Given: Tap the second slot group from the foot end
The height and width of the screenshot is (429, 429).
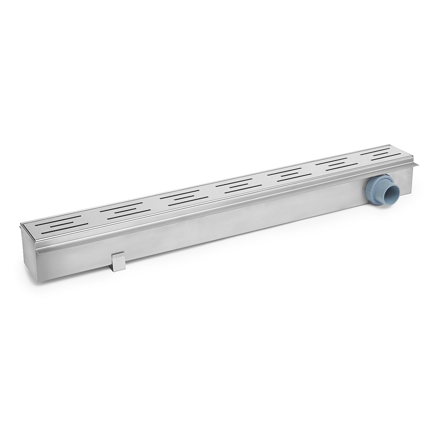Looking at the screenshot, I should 125,211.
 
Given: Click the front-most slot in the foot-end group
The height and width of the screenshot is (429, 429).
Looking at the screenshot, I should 66,229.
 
